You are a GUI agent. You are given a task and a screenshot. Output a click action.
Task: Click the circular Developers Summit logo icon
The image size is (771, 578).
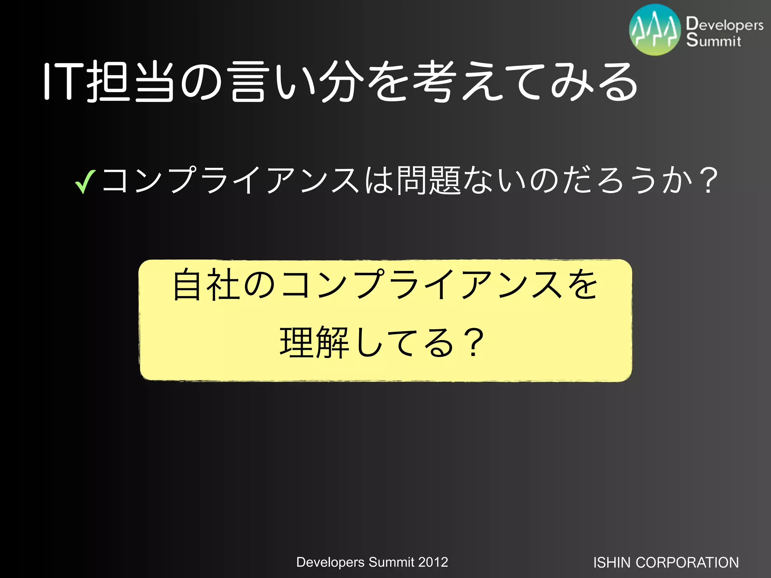pyautogui.click(x=655, y=30)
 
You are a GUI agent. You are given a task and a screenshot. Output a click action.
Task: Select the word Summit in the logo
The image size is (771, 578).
pyautogui.click(x=713, y=40)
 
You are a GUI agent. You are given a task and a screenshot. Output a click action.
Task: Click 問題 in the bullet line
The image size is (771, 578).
pyautogui.click(x=429, y=181)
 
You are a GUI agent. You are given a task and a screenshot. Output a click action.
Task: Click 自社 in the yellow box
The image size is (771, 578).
pyautogui.click(x=206, y=285)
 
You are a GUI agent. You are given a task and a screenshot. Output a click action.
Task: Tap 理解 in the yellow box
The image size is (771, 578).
pyautogui.click(x=315, y=342)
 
